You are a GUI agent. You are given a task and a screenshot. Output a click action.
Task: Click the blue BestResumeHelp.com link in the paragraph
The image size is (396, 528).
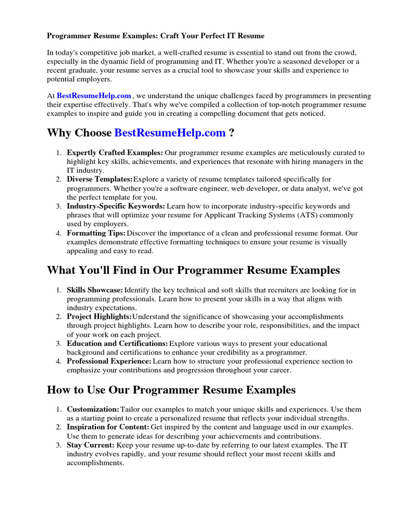point(94,95)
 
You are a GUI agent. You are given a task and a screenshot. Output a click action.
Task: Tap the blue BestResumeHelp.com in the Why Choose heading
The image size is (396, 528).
point(170,133)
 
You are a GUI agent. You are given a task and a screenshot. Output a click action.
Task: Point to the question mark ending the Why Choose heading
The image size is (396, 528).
point(232,133)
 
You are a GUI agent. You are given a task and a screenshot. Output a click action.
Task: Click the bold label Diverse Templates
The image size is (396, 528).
point(100,179)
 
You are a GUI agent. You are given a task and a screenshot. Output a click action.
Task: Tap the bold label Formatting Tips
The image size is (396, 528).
point(96,233)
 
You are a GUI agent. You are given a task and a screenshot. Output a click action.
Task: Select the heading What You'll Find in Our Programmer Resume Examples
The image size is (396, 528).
point(193,270)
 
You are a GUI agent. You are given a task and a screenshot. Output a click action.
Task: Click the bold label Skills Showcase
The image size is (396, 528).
point(95,290)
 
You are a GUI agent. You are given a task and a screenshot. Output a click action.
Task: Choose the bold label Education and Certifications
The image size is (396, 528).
point(117,343)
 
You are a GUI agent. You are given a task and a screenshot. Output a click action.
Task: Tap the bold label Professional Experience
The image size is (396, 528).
point(109,361)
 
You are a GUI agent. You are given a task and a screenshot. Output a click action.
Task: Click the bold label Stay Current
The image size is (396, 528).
point(91,444)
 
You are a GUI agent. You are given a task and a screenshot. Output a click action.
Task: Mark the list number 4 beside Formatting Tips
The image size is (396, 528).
point(58,233)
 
